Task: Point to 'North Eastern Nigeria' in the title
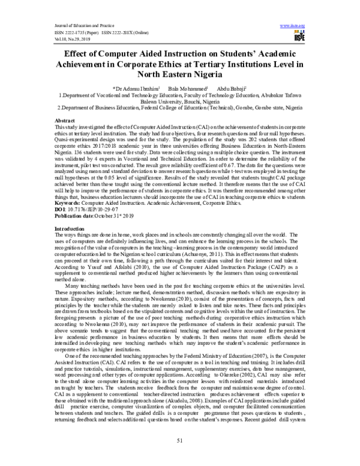179,76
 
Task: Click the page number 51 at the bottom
179,441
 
